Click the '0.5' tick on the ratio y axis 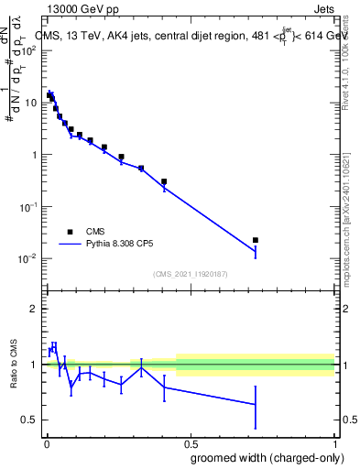pos(28,420)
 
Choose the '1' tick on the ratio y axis pos(33,365)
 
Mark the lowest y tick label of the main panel pos(27,259)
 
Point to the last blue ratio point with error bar pos(256,404)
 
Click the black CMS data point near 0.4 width pos(164,181)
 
